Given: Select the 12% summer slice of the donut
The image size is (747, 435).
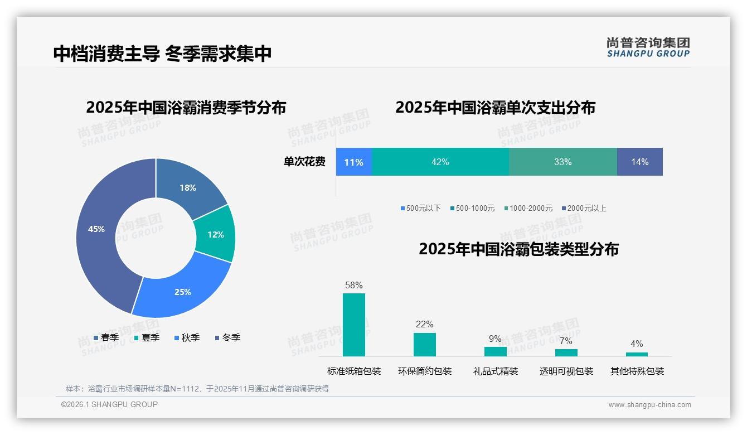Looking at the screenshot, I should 215,234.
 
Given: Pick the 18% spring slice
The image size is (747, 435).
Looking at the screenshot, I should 187,187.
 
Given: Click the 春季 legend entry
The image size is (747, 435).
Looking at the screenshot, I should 106,338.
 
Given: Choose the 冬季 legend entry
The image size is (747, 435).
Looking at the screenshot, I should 227,338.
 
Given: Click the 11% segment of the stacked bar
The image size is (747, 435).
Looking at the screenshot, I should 353,162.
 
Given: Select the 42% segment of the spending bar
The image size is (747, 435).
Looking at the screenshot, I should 440,162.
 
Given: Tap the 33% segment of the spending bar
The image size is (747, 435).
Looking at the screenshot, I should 562,162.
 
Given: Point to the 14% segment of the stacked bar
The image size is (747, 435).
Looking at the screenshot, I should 639,162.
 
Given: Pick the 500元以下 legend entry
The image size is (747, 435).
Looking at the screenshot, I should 420,209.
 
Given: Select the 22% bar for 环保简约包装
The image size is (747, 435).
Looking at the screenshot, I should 425,345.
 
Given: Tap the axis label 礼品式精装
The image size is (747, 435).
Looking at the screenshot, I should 496,371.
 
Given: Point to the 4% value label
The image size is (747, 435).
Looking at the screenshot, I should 637,344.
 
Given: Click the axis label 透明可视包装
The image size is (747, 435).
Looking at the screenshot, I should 566,371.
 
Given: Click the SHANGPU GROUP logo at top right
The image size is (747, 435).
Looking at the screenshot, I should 648,47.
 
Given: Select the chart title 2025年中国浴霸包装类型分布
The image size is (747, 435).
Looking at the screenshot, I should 518,249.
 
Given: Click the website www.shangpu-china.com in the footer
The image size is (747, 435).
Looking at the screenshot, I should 649,405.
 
